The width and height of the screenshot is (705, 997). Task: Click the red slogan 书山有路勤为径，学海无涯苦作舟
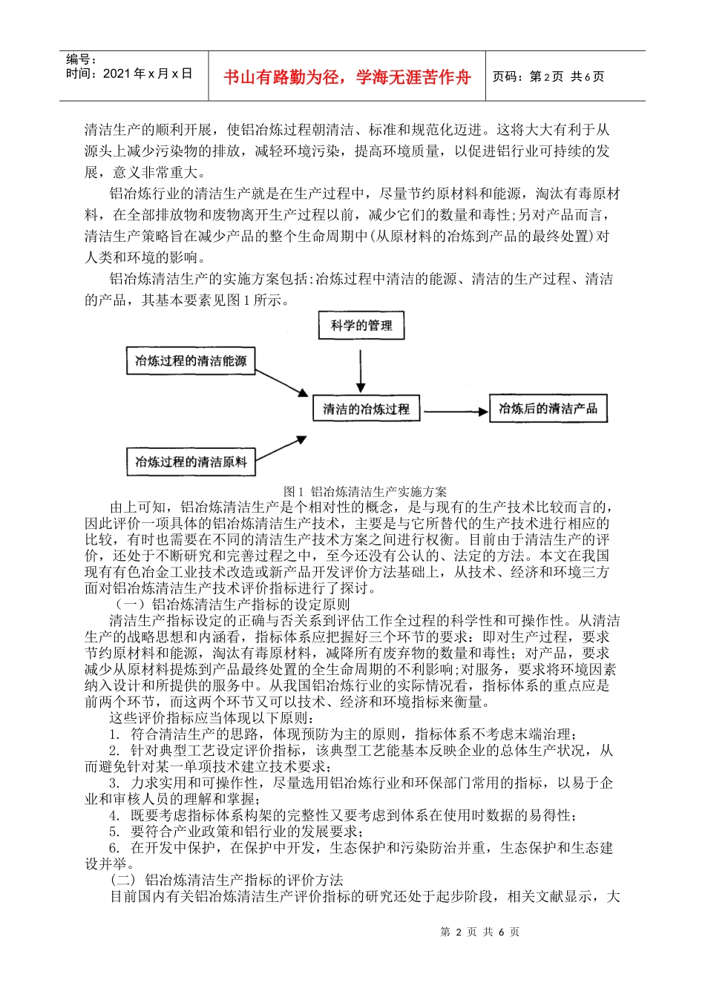pos(347,77)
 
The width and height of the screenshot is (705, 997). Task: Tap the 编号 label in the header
pos(81,59)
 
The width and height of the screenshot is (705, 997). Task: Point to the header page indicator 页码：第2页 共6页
pos(548,76)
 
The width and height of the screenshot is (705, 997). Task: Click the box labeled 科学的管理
pos(361,326)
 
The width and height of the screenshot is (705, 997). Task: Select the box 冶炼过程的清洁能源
pos(191,361)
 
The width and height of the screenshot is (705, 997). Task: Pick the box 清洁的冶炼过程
pos(366,409)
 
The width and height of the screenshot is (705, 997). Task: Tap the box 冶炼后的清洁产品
pos(548,409)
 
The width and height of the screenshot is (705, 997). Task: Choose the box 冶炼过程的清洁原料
pos(191,461)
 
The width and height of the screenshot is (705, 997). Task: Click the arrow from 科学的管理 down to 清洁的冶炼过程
pos(361,371)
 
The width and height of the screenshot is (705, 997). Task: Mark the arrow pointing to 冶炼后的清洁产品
pos(455,411)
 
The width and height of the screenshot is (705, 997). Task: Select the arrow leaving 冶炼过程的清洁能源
pos(282,381)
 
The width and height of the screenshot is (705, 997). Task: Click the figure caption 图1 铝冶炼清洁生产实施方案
pos(365,491)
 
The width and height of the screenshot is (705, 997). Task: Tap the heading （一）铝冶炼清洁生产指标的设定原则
pos(230,604)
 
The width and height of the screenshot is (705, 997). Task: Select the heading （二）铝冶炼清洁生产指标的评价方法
pos(226,880)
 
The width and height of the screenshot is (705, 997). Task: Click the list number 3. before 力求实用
pos(114,783)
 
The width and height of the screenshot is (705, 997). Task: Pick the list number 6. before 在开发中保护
pos(114,847)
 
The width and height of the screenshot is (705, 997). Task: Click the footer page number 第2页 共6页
pos(479,932)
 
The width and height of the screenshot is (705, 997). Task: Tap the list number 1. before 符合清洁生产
pos(114,734)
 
